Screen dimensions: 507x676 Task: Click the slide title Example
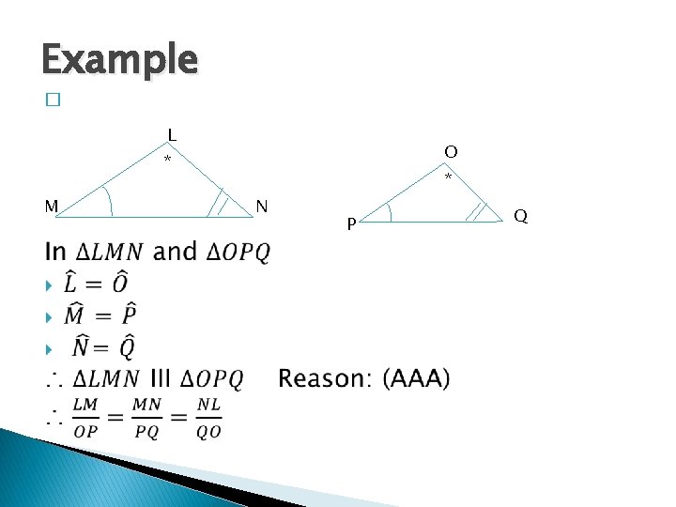[119, 59]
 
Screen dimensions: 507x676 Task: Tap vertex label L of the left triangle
[172, 134]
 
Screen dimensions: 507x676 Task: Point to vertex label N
[262, 206]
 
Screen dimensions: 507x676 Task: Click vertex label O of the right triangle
[452, 151]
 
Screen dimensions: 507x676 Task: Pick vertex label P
[350, 224]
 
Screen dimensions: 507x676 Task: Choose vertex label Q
[520, 217]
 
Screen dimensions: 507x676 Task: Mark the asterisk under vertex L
[168, 161]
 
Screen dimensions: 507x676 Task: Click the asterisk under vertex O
[448, 177]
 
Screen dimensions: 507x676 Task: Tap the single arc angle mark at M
[107, 201]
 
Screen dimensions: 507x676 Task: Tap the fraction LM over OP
[85, 418]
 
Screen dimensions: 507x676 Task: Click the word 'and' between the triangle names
[175, 252]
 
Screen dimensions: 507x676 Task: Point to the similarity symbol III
[161, 379]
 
